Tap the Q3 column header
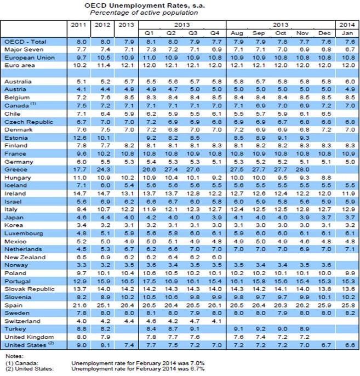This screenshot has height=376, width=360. click(x=193, y=33)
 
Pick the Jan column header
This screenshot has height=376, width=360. click(x=346, y=33)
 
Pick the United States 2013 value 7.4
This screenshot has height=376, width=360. click(x=127, y=344)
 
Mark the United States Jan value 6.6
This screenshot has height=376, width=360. click(x=346, y=344)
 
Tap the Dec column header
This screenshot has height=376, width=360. click(x=325, y=33)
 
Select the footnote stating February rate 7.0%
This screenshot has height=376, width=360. click(x=126, y=363)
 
